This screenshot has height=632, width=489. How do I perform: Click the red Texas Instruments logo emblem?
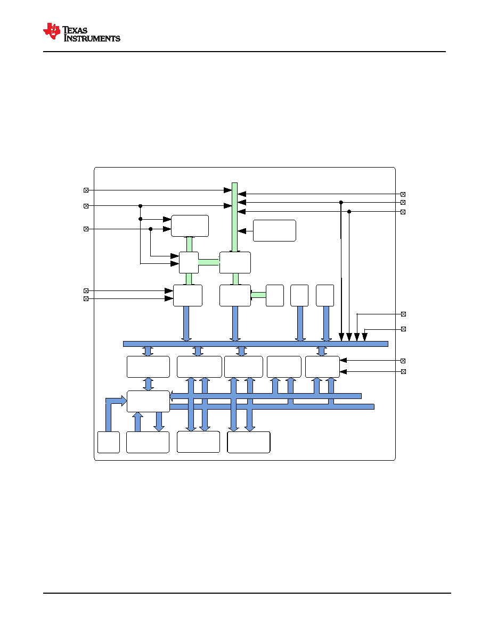[x=52, y=31]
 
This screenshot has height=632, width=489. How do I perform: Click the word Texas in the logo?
[x=75, y=30]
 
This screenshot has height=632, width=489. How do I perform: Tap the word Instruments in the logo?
[x=92, y=38]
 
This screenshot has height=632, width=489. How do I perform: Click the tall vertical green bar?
[x=234, y=217]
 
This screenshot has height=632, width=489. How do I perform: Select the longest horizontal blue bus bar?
[x=255, y=344]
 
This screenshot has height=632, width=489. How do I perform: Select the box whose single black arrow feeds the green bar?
[x=274, y=230]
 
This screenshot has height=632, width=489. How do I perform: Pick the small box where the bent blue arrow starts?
[x=109, y=442]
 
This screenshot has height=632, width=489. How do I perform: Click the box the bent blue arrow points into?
[x=148, y=402]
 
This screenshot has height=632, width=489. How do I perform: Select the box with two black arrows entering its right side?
[x=322, y=367]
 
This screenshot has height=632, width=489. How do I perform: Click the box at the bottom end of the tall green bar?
[x=235, y=263]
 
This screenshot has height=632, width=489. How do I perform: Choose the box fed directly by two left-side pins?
[x=188, y=295]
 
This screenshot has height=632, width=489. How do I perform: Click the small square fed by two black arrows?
[x=189, y=263]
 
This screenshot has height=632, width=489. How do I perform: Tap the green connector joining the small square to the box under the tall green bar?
[x=209, y=262]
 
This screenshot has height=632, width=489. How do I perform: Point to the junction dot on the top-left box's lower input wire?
[x=151, y=229]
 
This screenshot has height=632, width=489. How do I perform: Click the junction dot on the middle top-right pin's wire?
[x=341, y=202]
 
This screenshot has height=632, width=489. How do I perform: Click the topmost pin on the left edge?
[x=86, y=190]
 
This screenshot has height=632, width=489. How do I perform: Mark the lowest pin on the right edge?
[x=403, y=372]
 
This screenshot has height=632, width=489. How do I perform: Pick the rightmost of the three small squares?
[x=325, y=295]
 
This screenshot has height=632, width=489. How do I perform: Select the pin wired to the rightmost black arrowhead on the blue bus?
[x=403, y=329]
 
